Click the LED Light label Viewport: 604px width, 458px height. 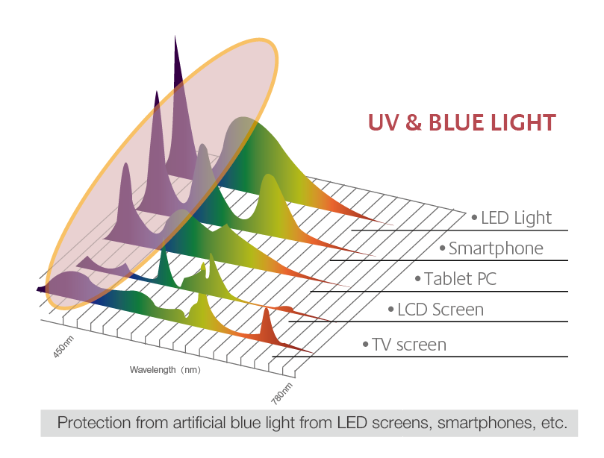coord(516,219)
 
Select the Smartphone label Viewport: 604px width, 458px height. coord(496,248)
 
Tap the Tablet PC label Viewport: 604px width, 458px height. coord(461,279)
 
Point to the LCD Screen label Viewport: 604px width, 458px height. coord(440,310)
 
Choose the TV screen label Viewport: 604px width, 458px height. coord(409,345)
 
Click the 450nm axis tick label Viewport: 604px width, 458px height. coord(63,347)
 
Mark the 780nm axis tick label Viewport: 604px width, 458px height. coord(282,394)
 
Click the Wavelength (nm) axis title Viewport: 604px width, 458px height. coord(165,370)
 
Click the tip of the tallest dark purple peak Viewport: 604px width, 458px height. coord(175,37)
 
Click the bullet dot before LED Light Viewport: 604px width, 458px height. coord(474,218)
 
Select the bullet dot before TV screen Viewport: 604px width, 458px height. coord(366,344)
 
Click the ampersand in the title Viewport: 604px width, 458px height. coord(414,123)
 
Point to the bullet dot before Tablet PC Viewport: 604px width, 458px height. coord(418,278)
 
